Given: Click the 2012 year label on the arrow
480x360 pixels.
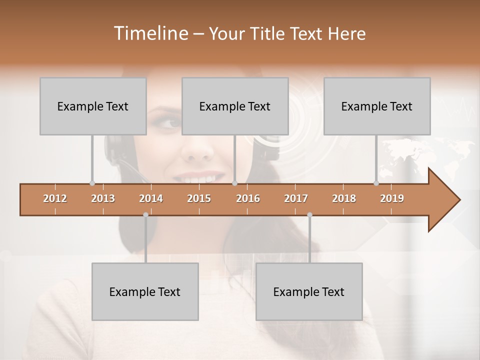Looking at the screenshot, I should (55, 198).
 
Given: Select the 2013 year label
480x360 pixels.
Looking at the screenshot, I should (103, 198).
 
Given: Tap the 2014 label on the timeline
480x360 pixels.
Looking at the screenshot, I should (151, 198).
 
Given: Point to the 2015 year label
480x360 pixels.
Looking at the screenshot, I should (199, 198).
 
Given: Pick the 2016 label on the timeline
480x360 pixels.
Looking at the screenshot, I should (248, 198).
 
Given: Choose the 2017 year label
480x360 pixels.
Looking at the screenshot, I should (296, 198).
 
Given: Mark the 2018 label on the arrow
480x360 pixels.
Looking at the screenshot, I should (344, 198).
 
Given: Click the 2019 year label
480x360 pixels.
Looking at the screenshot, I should (392, 198).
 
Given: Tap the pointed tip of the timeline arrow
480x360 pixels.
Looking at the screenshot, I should (458, 200).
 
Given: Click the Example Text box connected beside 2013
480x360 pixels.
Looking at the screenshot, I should (93, 106).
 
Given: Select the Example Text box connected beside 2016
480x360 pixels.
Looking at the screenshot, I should (235, 106).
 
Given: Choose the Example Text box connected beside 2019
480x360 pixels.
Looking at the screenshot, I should (377, 106).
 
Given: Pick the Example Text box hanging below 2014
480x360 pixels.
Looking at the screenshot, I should (145, 291).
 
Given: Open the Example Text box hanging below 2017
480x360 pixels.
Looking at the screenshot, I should (309, 291).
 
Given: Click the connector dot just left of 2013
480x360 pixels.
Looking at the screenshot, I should (92, 183).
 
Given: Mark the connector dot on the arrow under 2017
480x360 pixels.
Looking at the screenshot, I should (309, 215).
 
